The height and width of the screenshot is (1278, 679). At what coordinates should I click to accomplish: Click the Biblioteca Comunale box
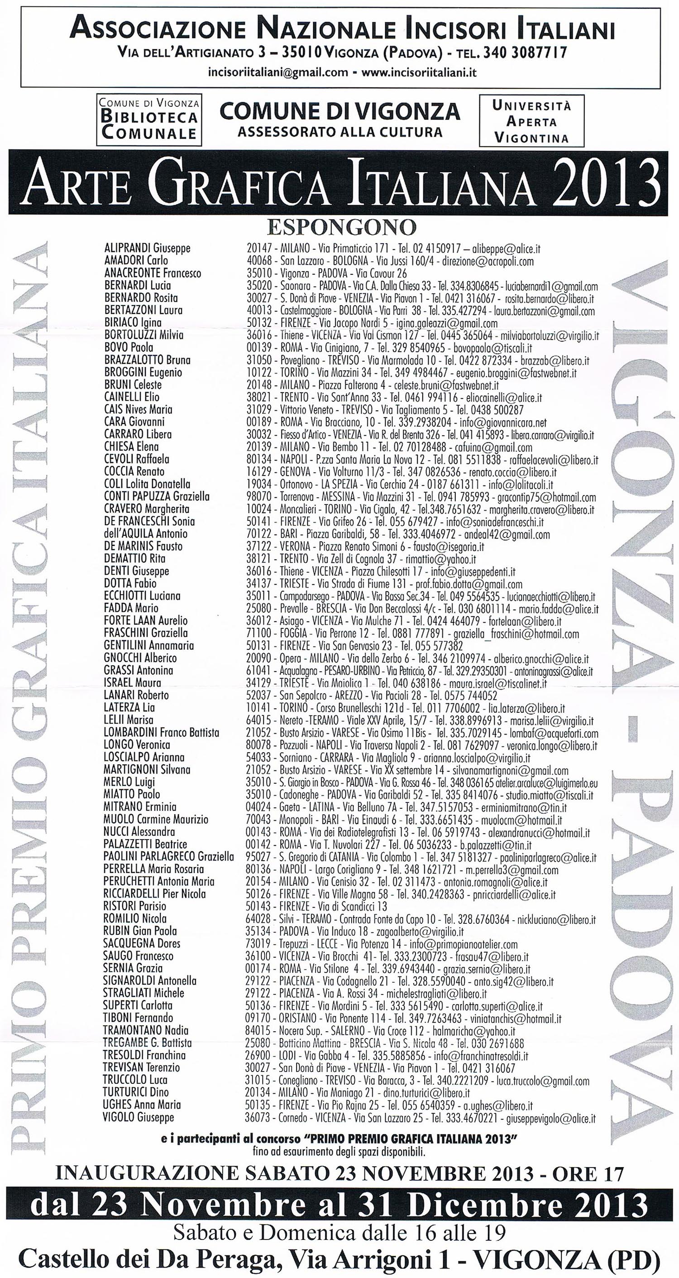149,120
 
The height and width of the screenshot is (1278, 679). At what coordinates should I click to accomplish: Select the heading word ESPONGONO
341,227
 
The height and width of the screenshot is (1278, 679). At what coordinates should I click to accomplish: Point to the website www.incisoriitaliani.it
419,72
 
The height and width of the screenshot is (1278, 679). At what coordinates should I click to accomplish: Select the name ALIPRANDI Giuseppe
147,248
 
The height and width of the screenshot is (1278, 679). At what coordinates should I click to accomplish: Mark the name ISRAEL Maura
133,682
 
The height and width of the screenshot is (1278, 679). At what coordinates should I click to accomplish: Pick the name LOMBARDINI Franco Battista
161,732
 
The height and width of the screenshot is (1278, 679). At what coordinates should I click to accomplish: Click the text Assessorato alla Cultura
340,132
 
